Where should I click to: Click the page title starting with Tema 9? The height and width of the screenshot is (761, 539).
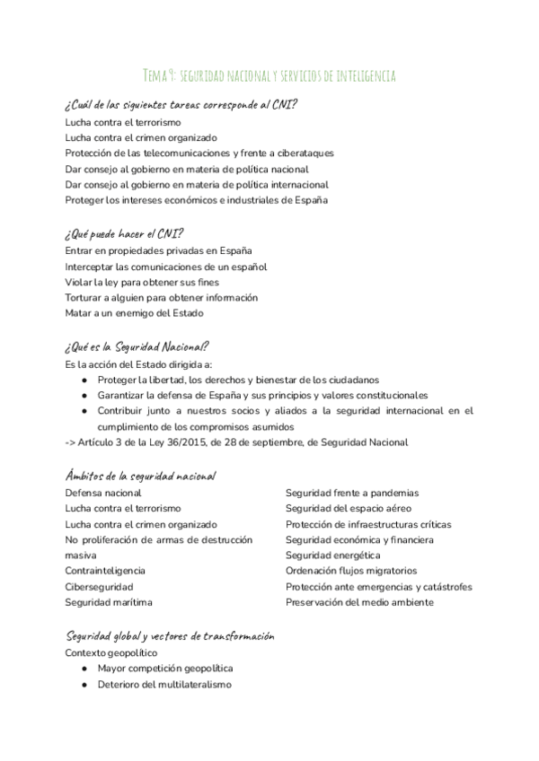tap(269, 74)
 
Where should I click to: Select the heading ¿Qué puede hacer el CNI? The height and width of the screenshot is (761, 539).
tap(124, 233)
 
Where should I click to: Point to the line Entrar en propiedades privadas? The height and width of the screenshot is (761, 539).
tap(158, 250)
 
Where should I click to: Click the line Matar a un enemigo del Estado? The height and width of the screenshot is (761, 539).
tap(134, 313)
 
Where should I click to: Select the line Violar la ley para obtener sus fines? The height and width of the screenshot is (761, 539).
tap(142, 282)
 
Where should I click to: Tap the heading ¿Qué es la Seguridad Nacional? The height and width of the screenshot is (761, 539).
tap(137, 346)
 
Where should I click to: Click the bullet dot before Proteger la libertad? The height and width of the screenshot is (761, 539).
tap(84, 380)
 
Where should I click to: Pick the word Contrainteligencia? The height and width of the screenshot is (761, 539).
tap(105, 571)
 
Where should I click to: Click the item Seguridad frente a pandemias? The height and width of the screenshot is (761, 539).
tap(351, 493)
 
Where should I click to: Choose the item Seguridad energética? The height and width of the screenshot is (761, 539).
tap(332, 555)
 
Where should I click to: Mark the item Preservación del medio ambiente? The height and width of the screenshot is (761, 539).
tap(359, 602)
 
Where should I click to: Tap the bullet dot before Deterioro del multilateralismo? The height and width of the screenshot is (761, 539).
tap(84, 685)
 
